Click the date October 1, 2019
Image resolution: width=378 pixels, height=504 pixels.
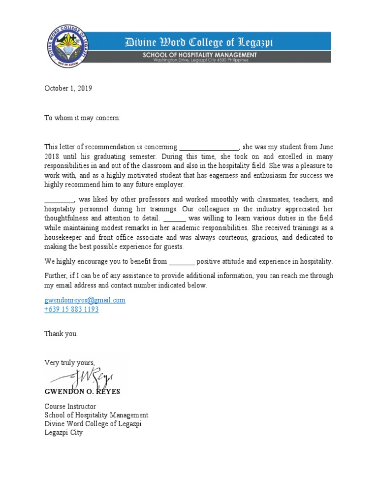coord(68,89)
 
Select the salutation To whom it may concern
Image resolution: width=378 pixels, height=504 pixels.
coord(82,118)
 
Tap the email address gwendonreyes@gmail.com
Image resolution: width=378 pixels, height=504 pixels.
coord(85,300)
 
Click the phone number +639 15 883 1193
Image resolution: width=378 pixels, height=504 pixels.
coord(71,309)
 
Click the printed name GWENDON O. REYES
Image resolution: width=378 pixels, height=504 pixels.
coord(82,392)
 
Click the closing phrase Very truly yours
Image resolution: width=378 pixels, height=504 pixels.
coord(69,363)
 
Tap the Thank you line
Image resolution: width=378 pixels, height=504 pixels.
coord(61,334)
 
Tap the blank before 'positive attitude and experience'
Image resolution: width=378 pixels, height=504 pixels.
coord(182,262)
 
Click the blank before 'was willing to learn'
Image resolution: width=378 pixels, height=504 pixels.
coord(174,219)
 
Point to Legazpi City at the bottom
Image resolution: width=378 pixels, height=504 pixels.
coord(63,433)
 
